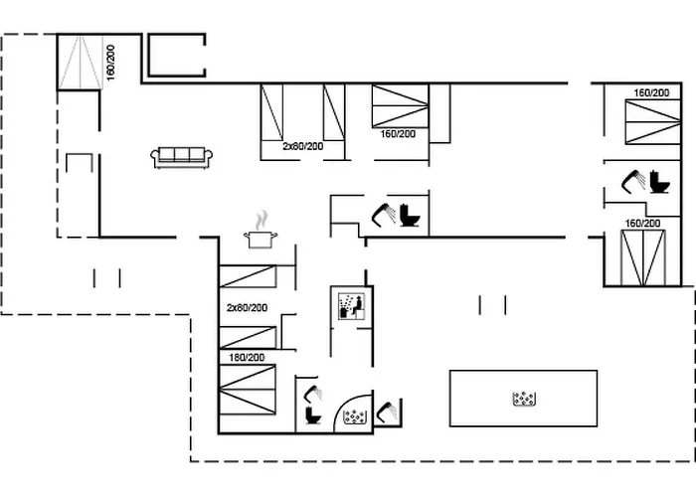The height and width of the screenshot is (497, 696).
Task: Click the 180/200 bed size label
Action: (x=246, y=357)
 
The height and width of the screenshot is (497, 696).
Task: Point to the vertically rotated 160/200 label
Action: (x=110, y=63)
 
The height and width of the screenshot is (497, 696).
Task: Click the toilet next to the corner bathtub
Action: (x=313, y=414)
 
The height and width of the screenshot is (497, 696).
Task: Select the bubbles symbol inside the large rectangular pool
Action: (x=524, y=400)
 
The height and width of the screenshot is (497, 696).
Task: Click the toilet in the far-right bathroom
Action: (x=657, y=184)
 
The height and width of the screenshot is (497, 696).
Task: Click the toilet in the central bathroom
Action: (x=411, y=216)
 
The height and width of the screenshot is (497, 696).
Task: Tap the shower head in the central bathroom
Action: (x=382, y=212)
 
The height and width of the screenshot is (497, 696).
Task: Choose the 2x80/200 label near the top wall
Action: (x=303, y=146)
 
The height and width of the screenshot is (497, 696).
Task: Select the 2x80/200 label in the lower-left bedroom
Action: (x=247, y=307)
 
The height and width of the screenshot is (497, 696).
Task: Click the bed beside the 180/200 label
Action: (x=247, y=390)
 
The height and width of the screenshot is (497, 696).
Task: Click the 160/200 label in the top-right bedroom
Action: (x=651, y=92)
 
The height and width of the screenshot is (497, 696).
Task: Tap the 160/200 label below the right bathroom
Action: (x=642, y=224)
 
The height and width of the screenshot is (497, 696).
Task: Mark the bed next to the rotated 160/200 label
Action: (x=81, y=62)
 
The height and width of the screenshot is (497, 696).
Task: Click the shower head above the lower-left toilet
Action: (x=311, y=392)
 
